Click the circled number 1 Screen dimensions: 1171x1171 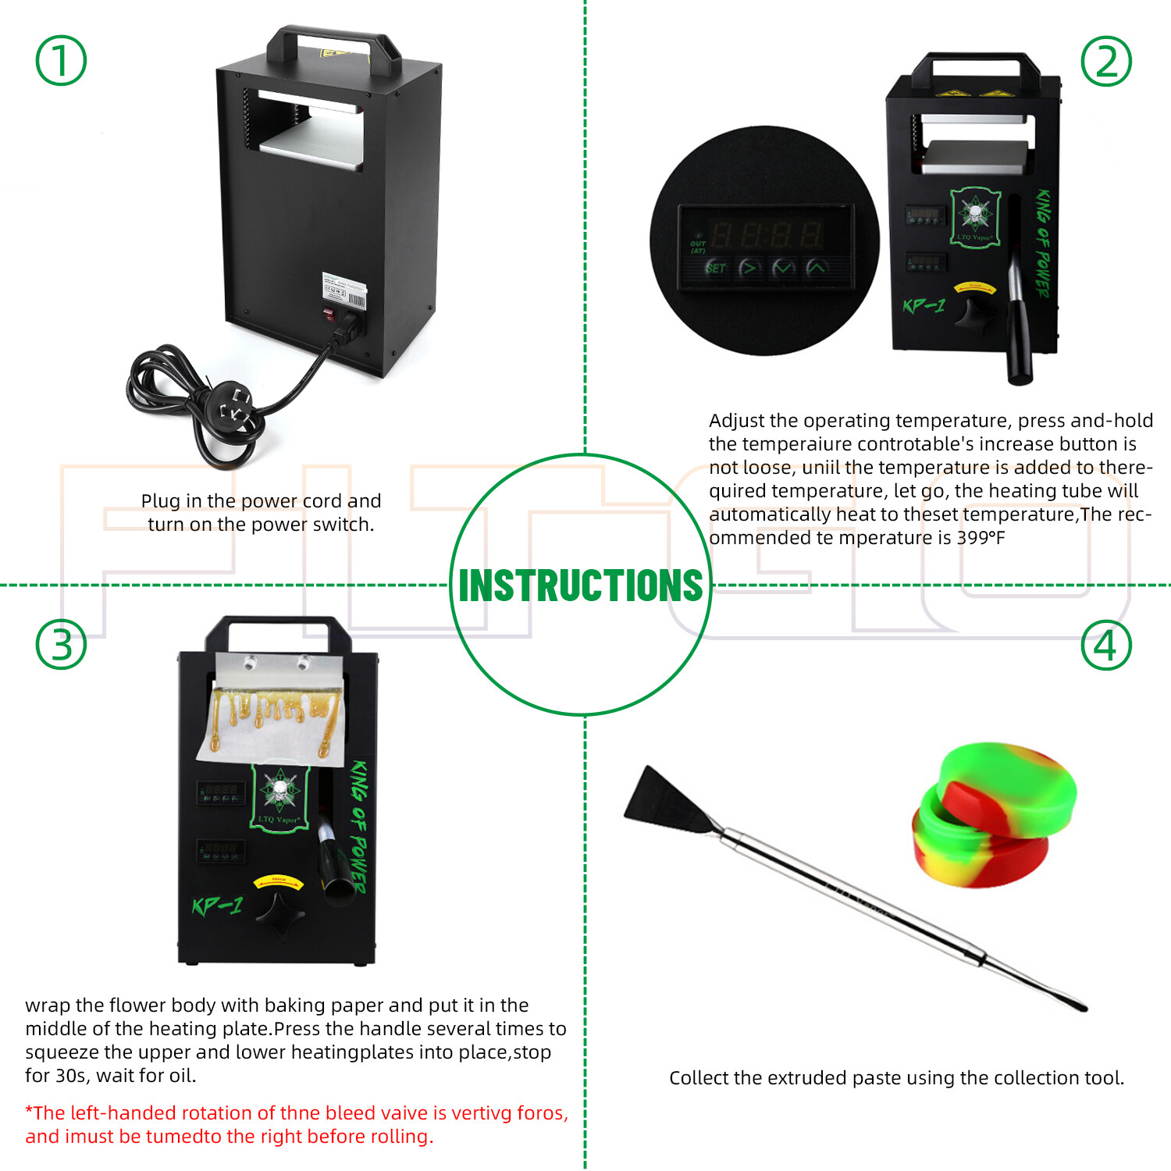(61, 61)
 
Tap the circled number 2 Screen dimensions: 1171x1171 (1106, 61)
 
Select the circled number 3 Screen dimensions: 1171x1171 (61, 645)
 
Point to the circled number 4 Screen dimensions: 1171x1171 (1106, 645)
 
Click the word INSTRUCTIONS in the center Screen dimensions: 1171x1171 (581, 585)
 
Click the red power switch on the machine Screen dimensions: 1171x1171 (329, 315)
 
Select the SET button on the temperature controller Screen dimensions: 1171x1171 (716, 269)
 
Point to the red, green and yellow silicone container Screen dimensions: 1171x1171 (994, 816)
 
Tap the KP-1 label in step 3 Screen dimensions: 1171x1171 (217, 906)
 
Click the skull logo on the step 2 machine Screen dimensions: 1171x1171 (974, 214)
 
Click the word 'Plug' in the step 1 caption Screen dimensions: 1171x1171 (160, 501)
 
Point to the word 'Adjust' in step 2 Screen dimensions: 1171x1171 (736, 422)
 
